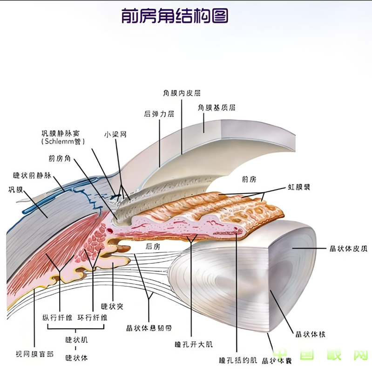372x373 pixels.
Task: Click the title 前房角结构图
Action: (175, 16)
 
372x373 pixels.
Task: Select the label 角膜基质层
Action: (216, 107)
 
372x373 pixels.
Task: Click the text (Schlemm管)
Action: (60, 141)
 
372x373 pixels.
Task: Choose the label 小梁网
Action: (115, 134)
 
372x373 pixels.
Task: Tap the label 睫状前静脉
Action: (31, 176)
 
